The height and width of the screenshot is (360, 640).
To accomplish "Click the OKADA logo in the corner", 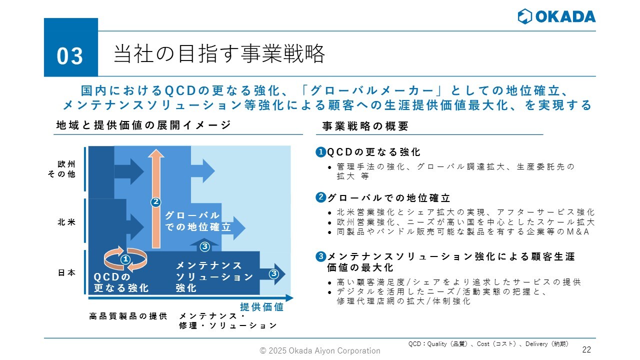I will (556, 16).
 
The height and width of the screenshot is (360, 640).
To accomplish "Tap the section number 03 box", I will (70, 55).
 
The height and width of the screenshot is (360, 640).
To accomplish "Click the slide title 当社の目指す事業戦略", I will (219, 54).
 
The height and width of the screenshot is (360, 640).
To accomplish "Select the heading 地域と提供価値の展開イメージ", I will (143, 125).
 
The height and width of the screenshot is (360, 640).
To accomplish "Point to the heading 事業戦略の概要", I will (365, 126).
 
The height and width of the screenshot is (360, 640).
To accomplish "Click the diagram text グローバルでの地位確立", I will (197, 221).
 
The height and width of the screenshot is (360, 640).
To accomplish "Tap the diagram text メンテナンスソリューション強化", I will (214, 276).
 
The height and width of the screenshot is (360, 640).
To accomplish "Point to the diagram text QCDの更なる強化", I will (121, 282).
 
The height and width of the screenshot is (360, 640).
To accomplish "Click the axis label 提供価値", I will (261, 307).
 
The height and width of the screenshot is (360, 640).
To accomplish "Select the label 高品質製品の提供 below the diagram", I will (128, 316).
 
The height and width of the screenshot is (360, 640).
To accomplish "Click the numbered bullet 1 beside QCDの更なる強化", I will (320, 151).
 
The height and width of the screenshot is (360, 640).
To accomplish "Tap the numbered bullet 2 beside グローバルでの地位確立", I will (320, 197).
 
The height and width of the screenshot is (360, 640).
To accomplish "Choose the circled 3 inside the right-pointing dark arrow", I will (273, 273).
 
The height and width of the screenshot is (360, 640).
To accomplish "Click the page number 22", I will (587, 349).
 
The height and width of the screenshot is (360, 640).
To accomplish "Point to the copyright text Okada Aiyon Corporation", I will (320, 350).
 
